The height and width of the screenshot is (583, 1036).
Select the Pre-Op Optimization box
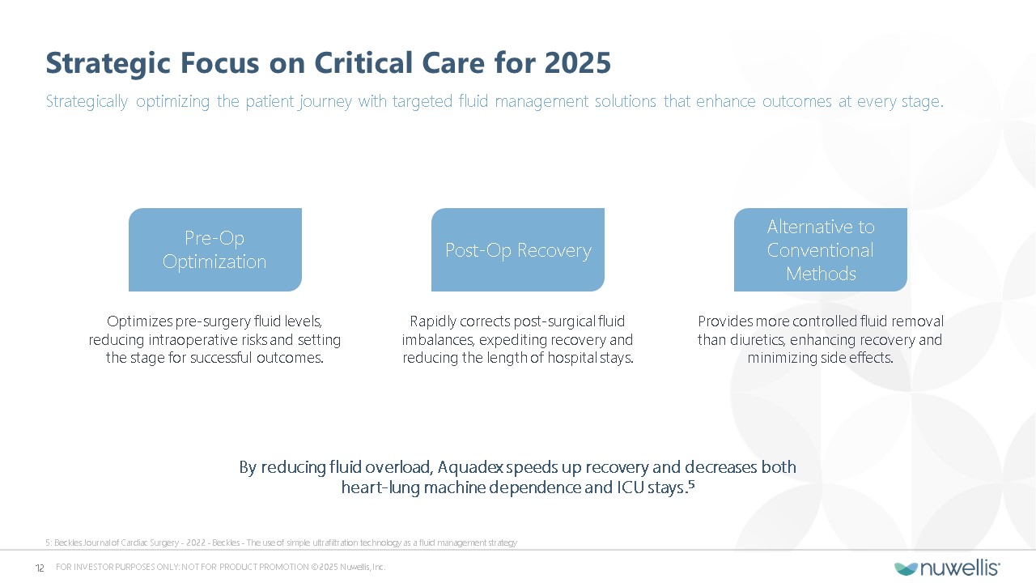pos(215,250)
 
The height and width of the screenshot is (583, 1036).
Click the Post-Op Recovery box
pos(518,250)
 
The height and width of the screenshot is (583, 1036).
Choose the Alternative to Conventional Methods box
pos(821,250)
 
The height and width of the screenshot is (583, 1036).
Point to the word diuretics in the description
pos(758,340)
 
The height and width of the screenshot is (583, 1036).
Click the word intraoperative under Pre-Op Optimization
pos(206,340)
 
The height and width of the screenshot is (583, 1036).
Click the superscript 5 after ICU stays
pos(691,484)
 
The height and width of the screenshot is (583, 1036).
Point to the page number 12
pos(40,568)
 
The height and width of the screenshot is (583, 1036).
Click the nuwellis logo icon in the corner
pos(906,568)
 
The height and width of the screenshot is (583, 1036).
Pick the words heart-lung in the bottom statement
pos(380,488)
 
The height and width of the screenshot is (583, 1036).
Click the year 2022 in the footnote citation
pos(196,543)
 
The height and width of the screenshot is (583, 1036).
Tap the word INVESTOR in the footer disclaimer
pos(94,568)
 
